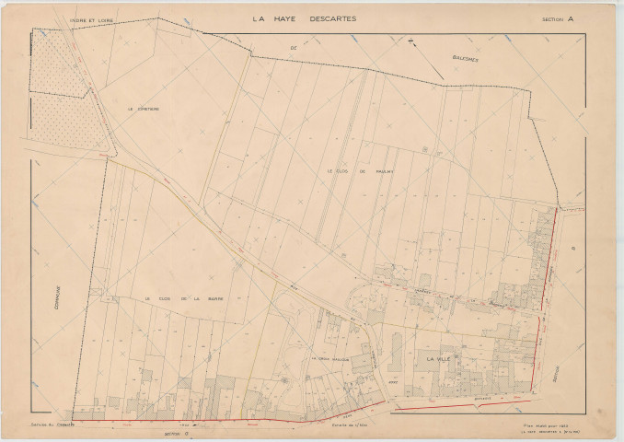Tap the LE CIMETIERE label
point(144,108)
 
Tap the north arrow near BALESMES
point(412,41)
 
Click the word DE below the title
point(295,45)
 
